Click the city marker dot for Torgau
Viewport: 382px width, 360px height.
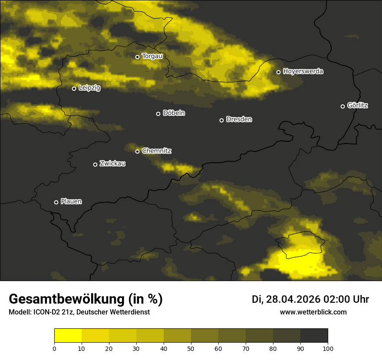137,57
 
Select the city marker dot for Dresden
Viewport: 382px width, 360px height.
221,120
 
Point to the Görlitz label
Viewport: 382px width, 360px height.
358,105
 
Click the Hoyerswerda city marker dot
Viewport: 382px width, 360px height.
278,72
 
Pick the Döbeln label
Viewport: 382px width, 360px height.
174,113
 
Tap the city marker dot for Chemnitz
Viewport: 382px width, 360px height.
137,151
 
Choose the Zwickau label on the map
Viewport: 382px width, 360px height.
112,164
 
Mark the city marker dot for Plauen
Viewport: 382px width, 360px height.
56,202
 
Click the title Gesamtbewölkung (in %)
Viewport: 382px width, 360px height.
86,299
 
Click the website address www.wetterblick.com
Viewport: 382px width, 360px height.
313,312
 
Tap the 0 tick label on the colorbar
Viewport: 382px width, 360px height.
54,348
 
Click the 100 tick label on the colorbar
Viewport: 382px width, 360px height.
328,348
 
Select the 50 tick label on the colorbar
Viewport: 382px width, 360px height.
191,348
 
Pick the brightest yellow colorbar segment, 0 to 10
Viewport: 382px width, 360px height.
68,335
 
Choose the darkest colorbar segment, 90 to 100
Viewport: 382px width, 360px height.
314,335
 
